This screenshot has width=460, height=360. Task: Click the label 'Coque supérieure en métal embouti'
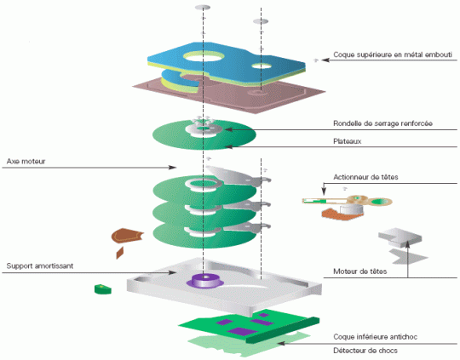coord(393,54)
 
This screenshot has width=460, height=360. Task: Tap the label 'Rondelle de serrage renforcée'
coord(382,123)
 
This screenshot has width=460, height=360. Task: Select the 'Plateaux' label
coord(347,141)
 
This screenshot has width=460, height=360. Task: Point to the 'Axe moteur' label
coord(26,161)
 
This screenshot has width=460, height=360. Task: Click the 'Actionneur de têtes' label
coord(365,177)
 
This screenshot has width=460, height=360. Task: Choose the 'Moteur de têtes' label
coord(360,271)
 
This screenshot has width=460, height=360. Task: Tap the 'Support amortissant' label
coord(40,266)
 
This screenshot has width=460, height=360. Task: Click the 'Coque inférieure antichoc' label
coord(375,337)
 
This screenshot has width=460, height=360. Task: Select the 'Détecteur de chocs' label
coord(365,351)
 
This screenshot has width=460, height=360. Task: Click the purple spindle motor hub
coord(205,281)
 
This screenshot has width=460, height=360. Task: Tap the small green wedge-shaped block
coord(103,289)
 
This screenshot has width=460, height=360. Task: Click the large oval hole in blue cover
coord(204,56)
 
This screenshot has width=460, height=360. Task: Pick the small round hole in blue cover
coord(262,66)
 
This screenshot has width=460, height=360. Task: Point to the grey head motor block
coord(400,237)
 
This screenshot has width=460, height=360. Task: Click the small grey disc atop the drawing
coord(203,7)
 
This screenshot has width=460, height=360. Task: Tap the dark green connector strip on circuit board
coord(282,330)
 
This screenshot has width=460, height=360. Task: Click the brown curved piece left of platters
coord(127,236)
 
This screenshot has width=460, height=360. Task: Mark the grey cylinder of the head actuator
coord(351,209)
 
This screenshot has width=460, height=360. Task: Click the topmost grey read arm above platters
coord(238,175)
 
